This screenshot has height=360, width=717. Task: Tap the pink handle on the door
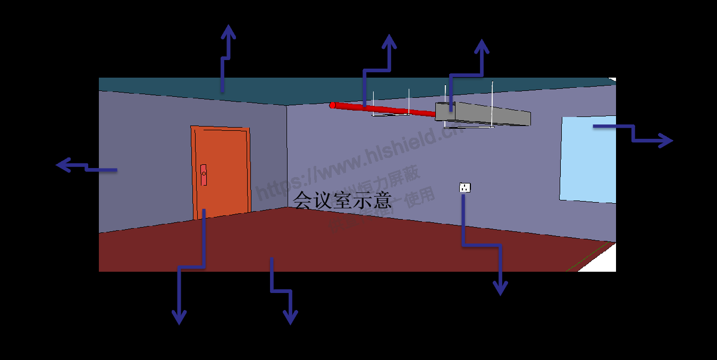coord(204,175)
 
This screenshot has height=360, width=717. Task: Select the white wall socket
coord(465,188)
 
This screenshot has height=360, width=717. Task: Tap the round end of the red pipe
coord(333,105)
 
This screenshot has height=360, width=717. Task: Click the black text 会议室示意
coord(342,200)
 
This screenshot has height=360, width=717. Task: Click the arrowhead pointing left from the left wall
coord(62,165)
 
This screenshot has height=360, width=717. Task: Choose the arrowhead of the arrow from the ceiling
coord(228,30)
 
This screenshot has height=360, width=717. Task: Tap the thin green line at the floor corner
coord(587,257)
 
